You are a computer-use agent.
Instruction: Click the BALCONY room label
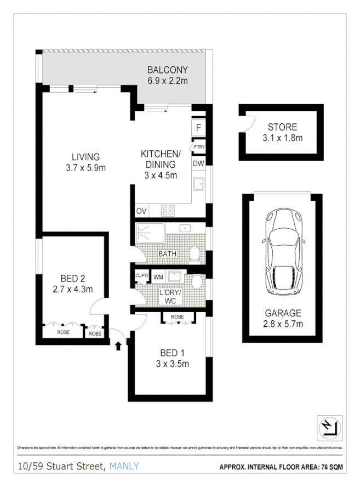(168, 70)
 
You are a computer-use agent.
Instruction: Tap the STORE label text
(282, 126)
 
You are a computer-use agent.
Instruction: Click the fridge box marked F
(198, 128)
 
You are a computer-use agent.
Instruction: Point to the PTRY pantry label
(198, 147)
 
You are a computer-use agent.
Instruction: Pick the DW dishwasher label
(198, 163)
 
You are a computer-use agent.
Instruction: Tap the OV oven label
(141, 211)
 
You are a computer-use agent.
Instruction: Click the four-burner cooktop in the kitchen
(167, 210)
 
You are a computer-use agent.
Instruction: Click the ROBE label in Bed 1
(177, 317)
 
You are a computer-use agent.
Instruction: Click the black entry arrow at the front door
(118, 346)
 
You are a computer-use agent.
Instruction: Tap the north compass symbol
(329, 427)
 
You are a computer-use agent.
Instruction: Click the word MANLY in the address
(124, 467)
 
